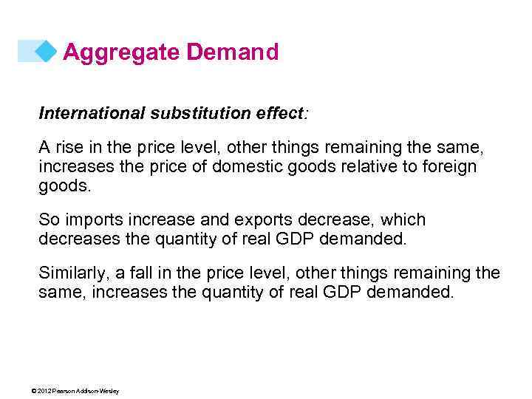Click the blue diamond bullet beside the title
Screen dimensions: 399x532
[x=47, y=51]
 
